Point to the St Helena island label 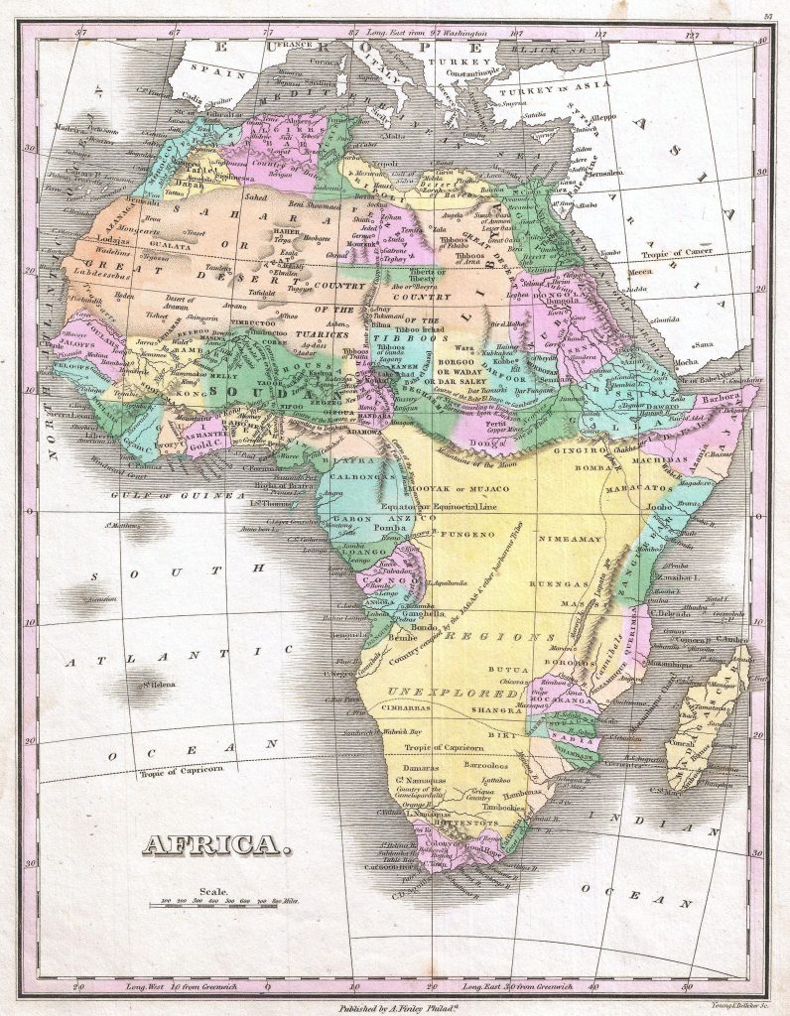(157, 683)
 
